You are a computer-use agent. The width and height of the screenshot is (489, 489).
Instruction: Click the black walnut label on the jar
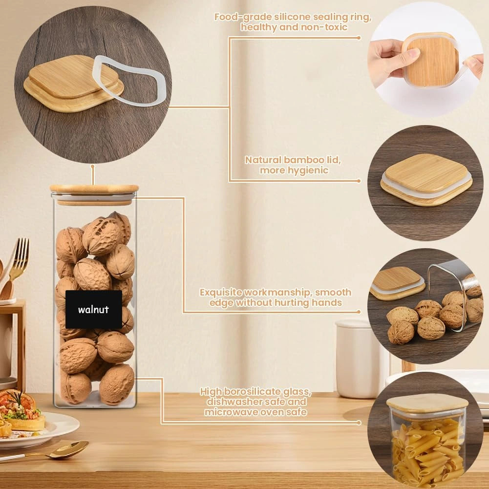click(x=94, y=309)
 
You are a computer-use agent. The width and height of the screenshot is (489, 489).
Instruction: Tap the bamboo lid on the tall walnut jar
click(x=94, y=189)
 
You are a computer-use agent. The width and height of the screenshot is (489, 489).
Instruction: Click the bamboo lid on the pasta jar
click(x=427, y=403)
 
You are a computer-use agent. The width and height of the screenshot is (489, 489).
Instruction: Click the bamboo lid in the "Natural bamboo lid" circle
click(x=426, y=179)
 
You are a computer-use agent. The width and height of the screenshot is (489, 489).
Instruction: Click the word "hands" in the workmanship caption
click(x=327, y=303)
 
